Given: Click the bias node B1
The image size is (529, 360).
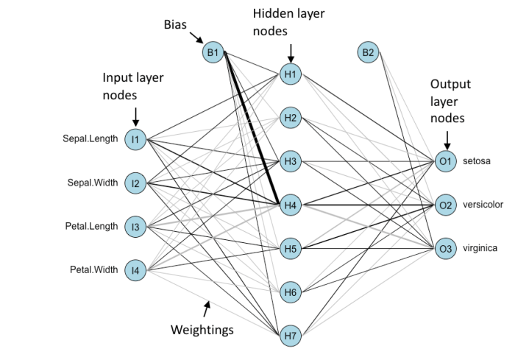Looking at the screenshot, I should pyautogui.click(x=213, y=52).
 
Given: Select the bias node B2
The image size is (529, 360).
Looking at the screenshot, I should pyautogui.click(x=369, y=52).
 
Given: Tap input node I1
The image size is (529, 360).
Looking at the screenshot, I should pyautogui.click(x=135, y=138).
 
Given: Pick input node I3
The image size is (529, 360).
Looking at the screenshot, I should pyautogui.click(x=135, y=227).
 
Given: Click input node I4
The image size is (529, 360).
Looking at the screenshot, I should pyautogui.click(x=135, y=271).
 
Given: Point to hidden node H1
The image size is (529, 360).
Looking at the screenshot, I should pyautogui.click(x=290, y=74).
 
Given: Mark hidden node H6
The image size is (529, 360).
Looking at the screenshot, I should pyautogui.click(x=290, y=293).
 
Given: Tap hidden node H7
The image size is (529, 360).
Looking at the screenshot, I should pyautogui.click(x=290, y=336).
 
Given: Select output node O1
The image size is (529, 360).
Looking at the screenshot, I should pyautogui.click(x=444, y=160).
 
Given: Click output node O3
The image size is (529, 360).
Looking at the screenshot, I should pyautogui.click(x=444, y=249).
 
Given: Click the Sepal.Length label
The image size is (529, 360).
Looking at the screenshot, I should pyautogui.click(x=90, y=138).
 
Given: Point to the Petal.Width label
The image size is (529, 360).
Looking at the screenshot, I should pyautogui.click(x=93, y=269).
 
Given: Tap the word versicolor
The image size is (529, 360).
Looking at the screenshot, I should pyautogui.click(x=483, y=204).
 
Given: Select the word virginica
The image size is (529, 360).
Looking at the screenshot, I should pyautogui.click(x=480, y=248).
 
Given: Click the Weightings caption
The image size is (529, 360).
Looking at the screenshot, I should pyautogui.click(x=202, y=329).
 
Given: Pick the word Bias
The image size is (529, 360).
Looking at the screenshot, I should pyautogui.click(x=175, y=24).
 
